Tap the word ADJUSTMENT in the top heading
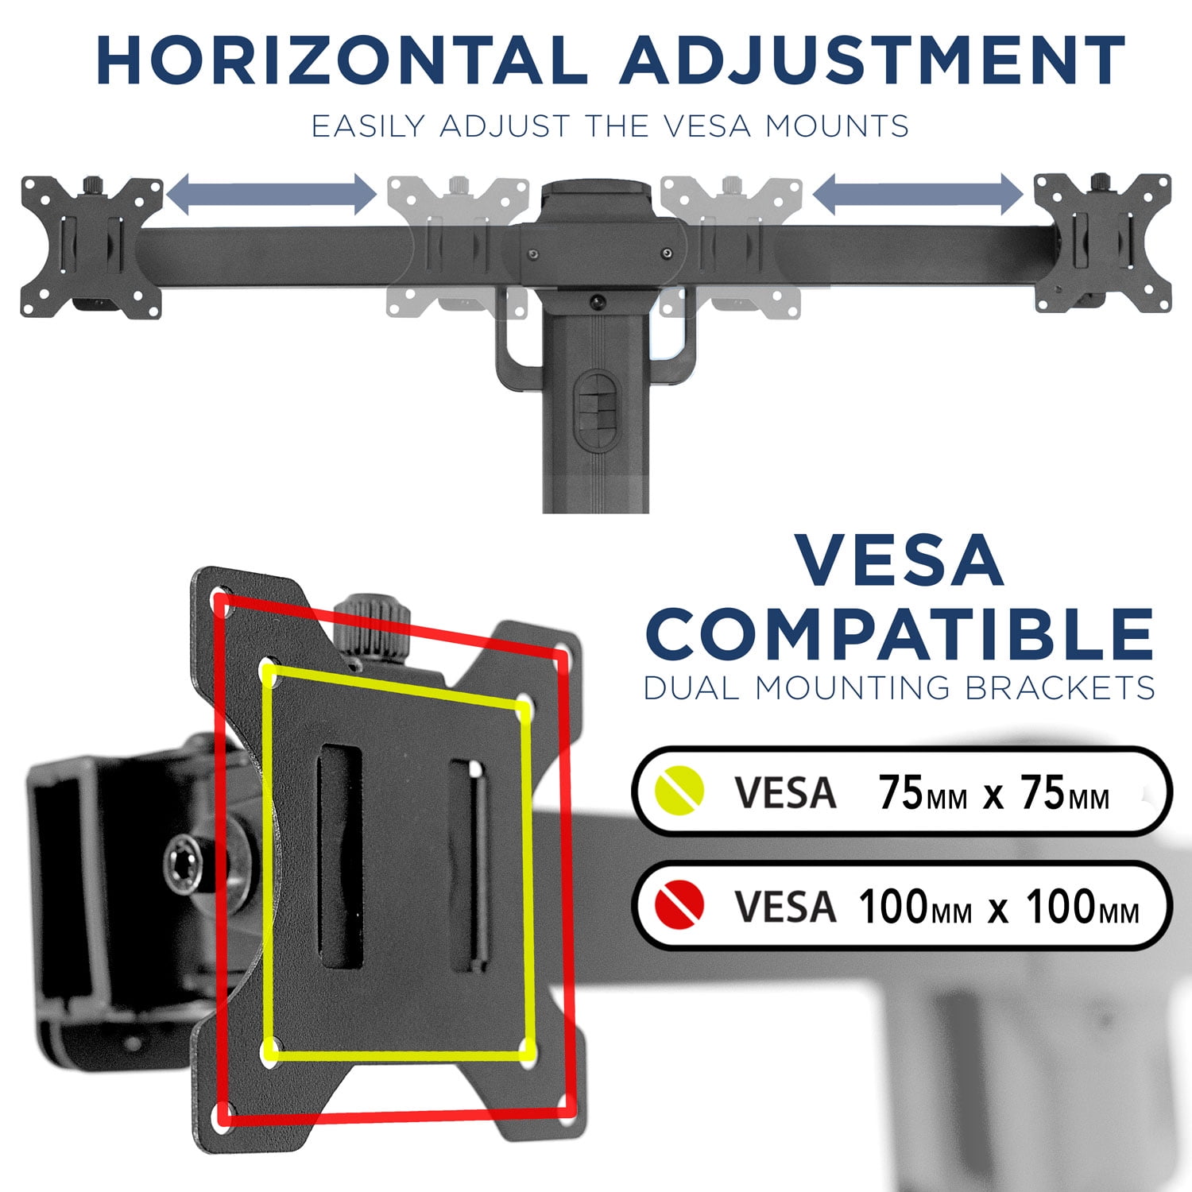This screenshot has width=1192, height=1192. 872,60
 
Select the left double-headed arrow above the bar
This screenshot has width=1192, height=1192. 271,195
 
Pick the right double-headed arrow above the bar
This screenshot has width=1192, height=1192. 918,195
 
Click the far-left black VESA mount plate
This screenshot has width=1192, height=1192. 91,246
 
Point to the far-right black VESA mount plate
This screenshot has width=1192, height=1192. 1102,243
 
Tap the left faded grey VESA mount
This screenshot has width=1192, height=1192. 458,247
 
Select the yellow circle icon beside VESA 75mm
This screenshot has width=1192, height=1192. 679,791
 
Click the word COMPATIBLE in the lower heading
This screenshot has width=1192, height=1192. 900,633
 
